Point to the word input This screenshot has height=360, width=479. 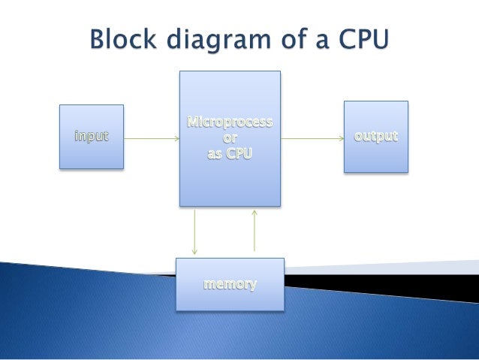coord(91,137)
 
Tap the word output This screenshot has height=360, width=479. coord(376,138)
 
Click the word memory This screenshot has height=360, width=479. coord(230,285)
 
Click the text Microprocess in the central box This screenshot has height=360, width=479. coord(230,123)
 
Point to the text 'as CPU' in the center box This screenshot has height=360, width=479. coord(230,154)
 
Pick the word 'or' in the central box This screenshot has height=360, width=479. coord(230,138)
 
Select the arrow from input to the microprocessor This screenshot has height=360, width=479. coord(150,138)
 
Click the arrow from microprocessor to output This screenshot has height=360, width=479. coord(312,138)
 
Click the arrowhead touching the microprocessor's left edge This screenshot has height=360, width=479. coord(176,138)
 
